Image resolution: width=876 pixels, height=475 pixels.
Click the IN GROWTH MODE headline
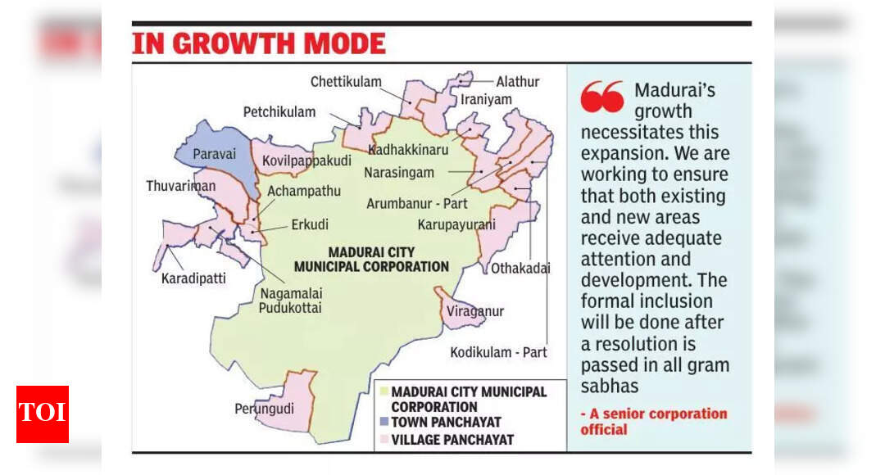coord(259,43)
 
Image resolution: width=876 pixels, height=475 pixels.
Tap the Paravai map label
coord(213,153)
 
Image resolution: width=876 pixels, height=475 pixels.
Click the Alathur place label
coord(518,82)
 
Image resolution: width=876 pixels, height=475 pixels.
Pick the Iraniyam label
coord(486,100)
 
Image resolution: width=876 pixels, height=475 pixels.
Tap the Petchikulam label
coord(279,111)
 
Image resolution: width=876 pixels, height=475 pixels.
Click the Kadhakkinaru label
coord(408,150)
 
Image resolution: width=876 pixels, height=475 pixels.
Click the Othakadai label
coord(520,268)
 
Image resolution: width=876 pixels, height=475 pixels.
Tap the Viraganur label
coord(475,311)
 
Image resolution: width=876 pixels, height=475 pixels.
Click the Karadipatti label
coord(193,278)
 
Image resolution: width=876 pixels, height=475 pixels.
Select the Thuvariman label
coord(181,186)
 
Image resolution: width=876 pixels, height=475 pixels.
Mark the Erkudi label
coord(311,224)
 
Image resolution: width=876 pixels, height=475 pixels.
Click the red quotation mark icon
coord(601,97)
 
